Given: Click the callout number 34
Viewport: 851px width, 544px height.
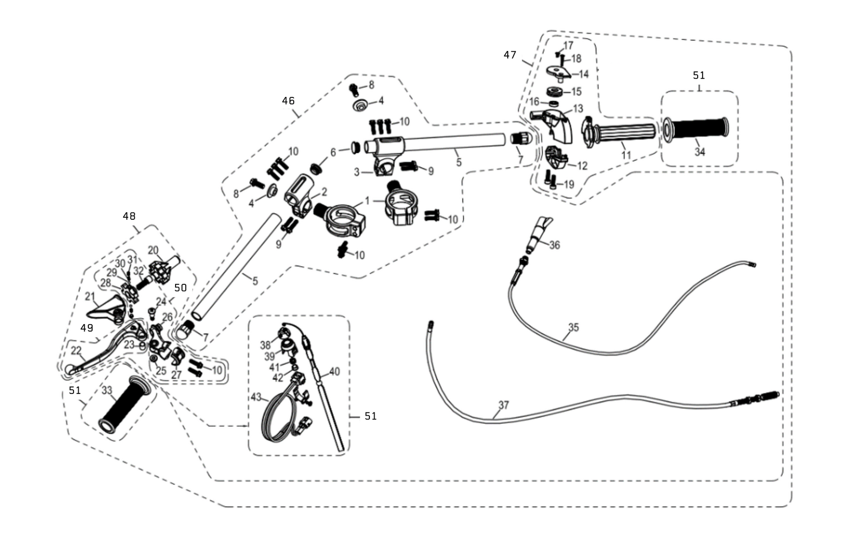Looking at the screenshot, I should tap(699, 152).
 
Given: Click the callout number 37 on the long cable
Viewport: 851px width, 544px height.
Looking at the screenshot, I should tap(503, 405).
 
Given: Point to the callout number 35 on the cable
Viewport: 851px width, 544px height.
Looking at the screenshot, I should tap(573, 327).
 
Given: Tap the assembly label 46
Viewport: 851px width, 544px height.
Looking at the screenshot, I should tap(288, 101).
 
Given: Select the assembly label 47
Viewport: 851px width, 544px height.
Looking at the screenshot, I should tap(510, 55).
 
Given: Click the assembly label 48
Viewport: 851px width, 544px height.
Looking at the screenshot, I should tap(129, 216).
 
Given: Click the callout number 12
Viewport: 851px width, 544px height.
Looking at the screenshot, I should tap(582, 166).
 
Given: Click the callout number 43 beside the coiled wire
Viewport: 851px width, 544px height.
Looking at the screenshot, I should tap(257, 397).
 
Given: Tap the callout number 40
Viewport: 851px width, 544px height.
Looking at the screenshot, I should tap(334, 372).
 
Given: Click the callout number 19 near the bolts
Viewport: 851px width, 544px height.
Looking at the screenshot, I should tap(569, 185).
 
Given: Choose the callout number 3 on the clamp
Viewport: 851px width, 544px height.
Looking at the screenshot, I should tap(358, 172).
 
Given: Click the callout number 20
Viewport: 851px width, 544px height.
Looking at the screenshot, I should tap(153, 250).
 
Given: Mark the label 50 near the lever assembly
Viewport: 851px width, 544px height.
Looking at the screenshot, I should tap(180, 287).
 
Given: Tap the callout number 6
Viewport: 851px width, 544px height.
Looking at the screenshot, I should tap(333, 152).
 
